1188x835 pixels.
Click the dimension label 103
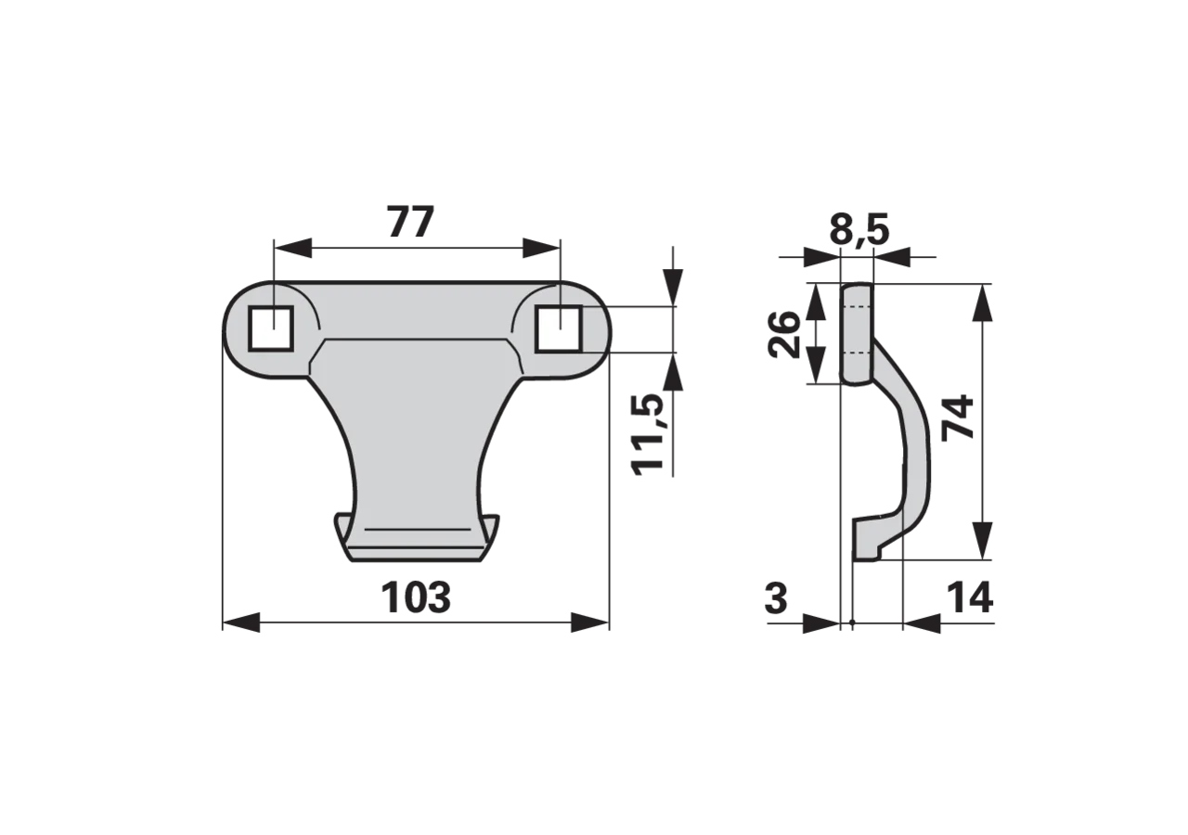click(416, 597)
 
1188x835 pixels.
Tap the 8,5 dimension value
click(859, 229)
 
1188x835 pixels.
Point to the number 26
click(783, 335)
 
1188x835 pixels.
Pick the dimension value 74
click(958, 417)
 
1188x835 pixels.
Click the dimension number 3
click(777, 597)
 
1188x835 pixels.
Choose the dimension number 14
click(970, 597)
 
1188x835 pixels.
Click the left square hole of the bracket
click(271, 328)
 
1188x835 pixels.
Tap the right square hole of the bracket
click(559, 328)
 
